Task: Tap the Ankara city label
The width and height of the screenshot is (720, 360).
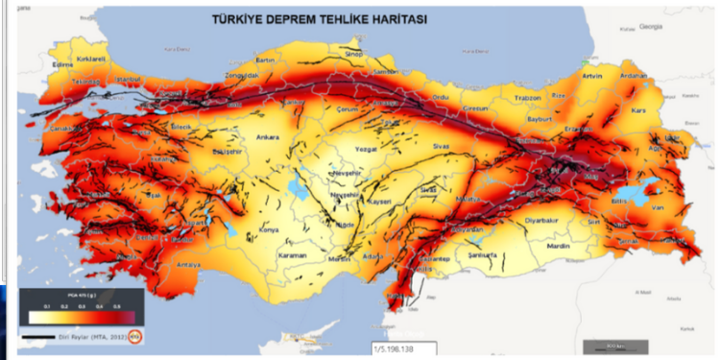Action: click(x=267, y=137)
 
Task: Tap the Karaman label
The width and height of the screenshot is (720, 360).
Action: click(x=291, y=256)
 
